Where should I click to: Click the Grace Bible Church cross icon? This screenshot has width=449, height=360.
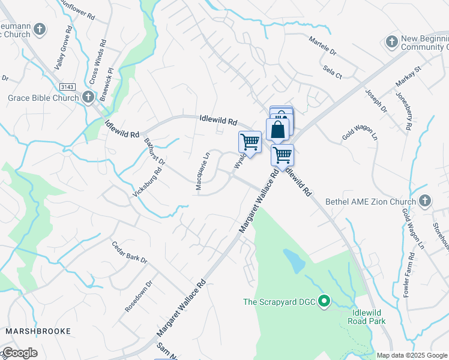click(x=88, y=97)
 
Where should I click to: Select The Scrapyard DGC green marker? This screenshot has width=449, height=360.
click(x=325, y=301)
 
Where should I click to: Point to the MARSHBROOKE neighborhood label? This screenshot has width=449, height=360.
click(x=38, y=331)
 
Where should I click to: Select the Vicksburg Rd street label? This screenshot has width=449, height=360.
click(x=148, y=181)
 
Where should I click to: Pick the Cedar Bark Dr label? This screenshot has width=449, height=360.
click(x=130, y=252)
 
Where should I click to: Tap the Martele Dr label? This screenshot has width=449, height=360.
click(x=325, y=45)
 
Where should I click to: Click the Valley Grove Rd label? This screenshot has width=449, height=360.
click(x=63, y=49)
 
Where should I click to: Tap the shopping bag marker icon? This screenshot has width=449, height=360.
click(x=277, y=128)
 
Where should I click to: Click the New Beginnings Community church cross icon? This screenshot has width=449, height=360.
click(x=391, y=41)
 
